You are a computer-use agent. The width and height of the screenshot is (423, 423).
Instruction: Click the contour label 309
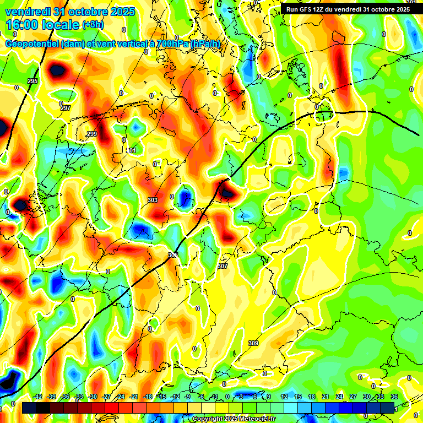(x=253, y=343)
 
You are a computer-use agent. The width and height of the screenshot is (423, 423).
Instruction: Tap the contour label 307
(x=223, y=266)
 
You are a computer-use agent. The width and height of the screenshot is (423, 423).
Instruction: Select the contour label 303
(x=153, y=200)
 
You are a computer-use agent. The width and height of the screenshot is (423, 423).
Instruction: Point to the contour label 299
(x=92, y=134)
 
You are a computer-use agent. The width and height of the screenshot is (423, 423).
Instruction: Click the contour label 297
(x=66, y=108)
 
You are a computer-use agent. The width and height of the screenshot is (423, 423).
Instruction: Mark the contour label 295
(x=32, y=81)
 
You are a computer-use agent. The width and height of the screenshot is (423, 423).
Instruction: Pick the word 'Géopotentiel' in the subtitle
(x=33, y=44)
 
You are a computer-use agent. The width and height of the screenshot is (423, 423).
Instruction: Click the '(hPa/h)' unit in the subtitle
(x=207, y=44)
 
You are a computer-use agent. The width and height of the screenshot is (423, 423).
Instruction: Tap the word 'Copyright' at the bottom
(x=208, y=419)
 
